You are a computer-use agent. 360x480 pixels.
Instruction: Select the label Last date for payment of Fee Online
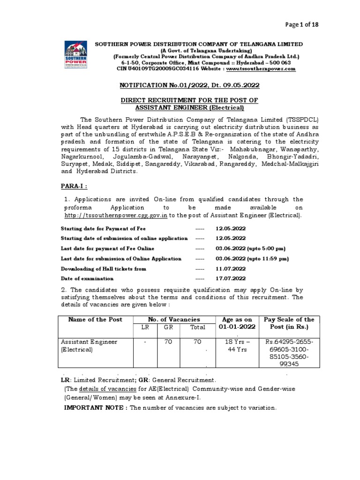(107, 248)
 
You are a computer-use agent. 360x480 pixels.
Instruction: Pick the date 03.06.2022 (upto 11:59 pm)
(252, 258)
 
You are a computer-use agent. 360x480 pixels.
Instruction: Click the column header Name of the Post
(95, 319)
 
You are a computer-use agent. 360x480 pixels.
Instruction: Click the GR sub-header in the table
(168, 328)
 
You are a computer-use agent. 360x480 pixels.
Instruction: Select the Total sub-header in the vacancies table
(197, 328)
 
